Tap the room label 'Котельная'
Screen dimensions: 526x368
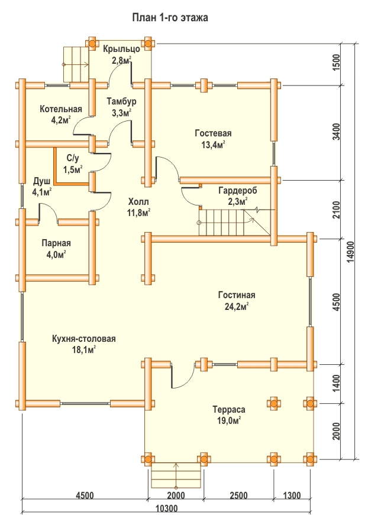60,109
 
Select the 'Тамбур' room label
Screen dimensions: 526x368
122,100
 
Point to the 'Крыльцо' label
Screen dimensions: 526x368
121,49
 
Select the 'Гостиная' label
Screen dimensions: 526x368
236,295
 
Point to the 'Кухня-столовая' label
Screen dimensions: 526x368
83,339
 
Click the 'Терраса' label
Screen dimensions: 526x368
228,409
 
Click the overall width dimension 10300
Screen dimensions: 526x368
167,508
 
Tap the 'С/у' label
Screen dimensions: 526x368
73,159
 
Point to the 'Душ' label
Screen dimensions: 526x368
42,181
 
